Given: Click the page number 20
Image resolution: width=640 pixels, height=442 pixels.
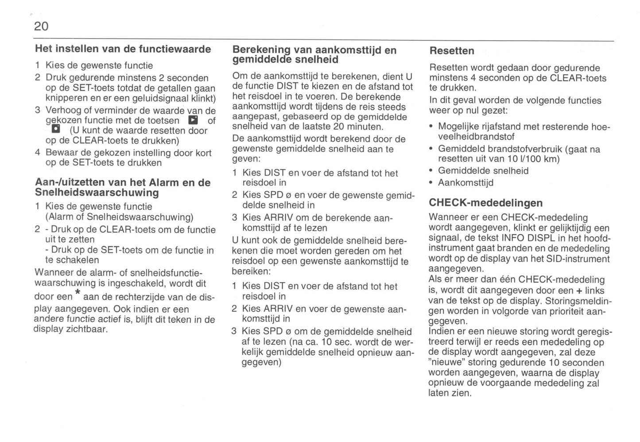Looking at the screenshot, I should (41, 27).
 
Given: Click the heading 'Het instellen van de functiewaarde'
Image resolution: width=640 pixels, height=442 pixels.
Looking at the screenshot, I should (123, 49).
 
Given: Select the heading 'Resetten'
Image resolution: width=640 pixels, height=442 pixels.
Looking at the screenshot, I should (452, 51).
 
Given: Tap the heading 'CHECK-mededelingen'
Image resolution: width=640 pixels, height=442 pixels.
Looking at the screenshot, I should (485, 203).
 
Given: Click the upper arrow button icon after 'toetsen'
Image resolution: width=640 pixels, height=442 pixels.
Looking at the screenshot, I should (193, 120).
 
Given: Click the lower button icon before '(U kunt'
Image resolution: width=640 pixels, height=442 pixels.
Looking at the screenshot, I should (56, 130).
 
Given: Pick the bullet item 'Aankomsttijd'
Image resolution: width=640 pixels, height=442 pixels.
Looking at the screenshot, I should (465, 183).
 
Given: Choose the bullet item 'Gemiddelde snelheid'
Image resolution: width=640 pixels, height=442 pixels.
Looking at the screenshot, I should (483, 171).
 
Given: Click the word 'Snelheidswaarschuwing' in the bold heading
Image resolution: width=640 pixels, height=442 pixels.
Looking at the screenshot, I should (97, 193).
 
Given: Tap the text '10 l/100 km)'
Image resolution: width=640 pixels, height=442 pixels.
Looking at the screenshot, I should (533, 159).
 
